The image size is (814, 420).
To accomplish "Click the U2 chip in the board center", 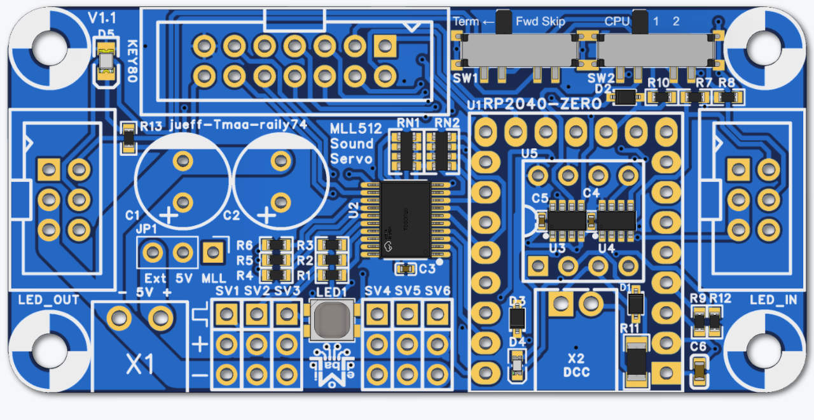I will [x=404, y=219].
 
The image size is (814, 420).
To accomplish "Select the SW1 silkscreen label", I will [x=466, y=78].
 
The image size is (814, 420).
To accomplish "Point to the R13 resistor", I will [x=129, y=137].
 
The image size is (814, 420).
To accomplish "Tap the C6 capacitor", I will [x=699, y=370].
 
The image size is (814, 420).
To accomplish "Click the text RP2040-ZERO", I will [x=542, y=104].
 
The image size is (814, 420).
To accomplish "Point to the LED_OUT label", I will [x=49, y=300].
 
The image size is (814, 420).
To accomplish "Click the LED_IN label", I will [x=773, y=300].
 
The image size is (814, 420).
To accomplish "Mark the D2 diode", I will [x=626, y=97].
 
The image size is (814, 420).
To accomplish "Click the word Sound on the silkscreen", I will [x=351, y=143].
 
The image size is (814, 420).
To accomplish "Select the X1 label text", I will [x=139, y=365].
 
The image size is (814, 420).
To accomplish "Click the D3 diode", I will [x=518, y=318].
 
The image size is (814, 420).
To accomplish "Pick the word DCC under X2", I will [x=577, y=372].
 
